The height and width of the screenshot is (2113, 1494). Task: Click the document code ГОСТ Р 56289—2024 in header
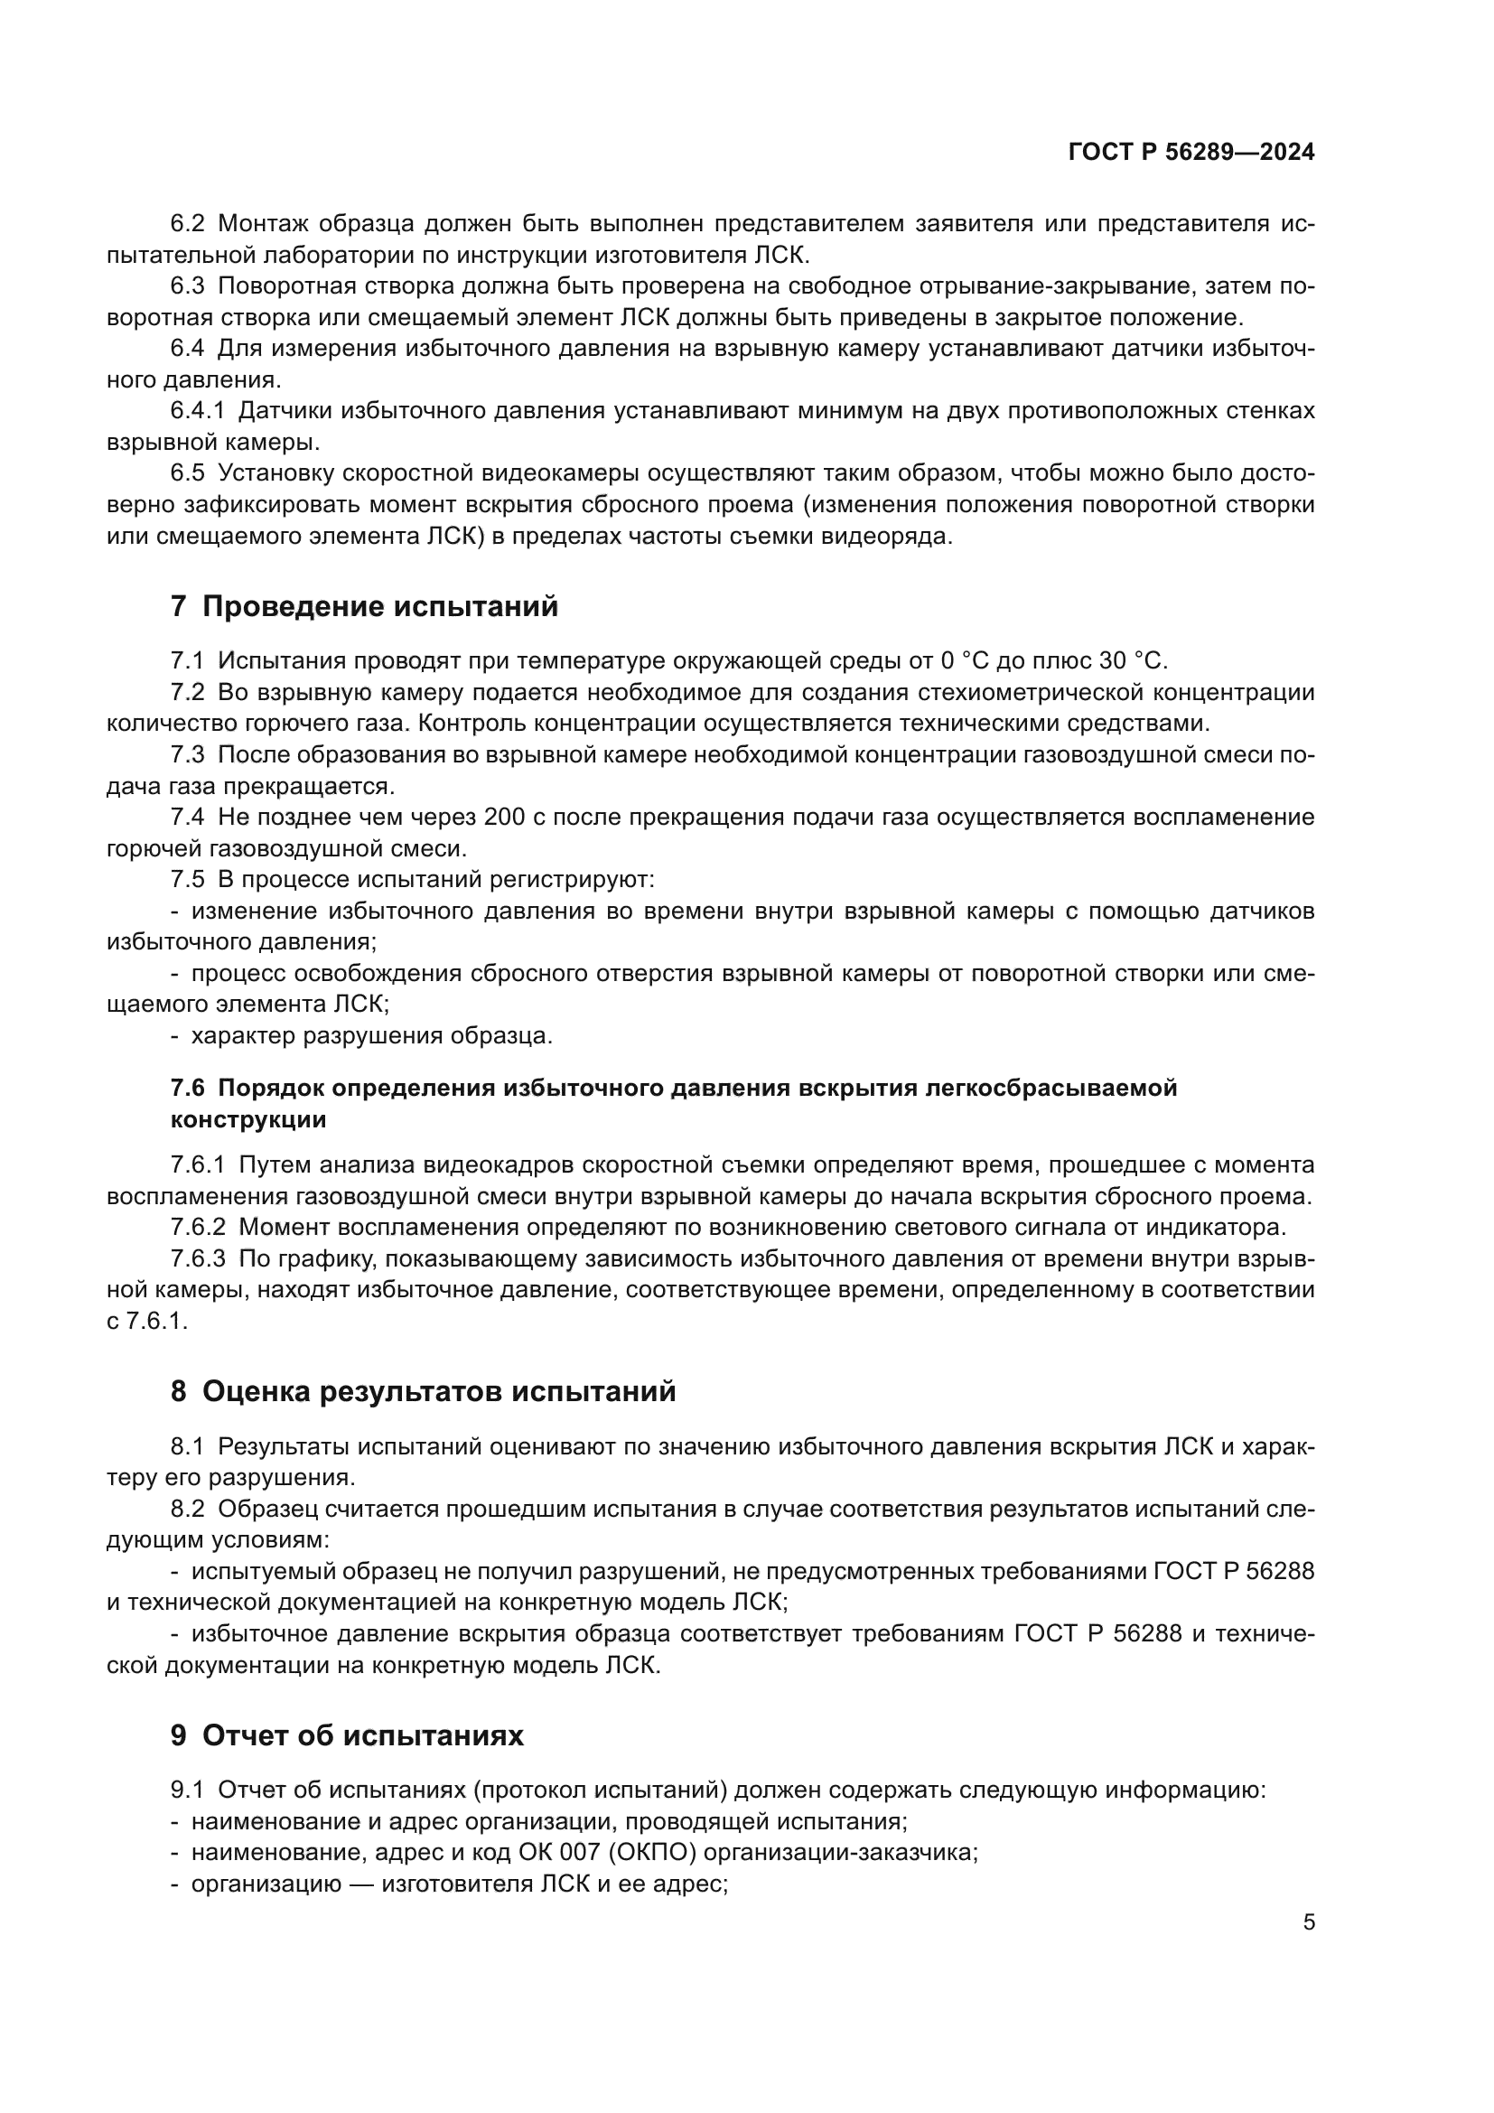pos(1191,152)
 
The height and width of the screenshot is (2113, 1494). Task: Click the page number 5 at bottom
pos(1308,1922)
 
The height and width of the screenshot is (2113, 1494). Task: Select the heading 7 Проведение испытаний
pos(364,606)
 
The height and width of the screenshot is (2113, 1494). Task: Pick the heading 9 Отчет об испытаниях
pos(347,1735)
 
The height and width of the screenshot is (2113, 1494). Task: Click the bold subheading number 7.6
pos(188,1088)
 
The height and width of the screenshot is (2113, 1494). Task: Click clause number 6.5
pos(188,473)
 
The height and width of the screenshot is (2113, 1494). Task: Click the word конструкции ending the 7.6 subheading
pos(248,1120)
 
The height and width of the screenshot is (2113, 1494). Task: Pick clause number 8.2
pos(188,1510)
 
